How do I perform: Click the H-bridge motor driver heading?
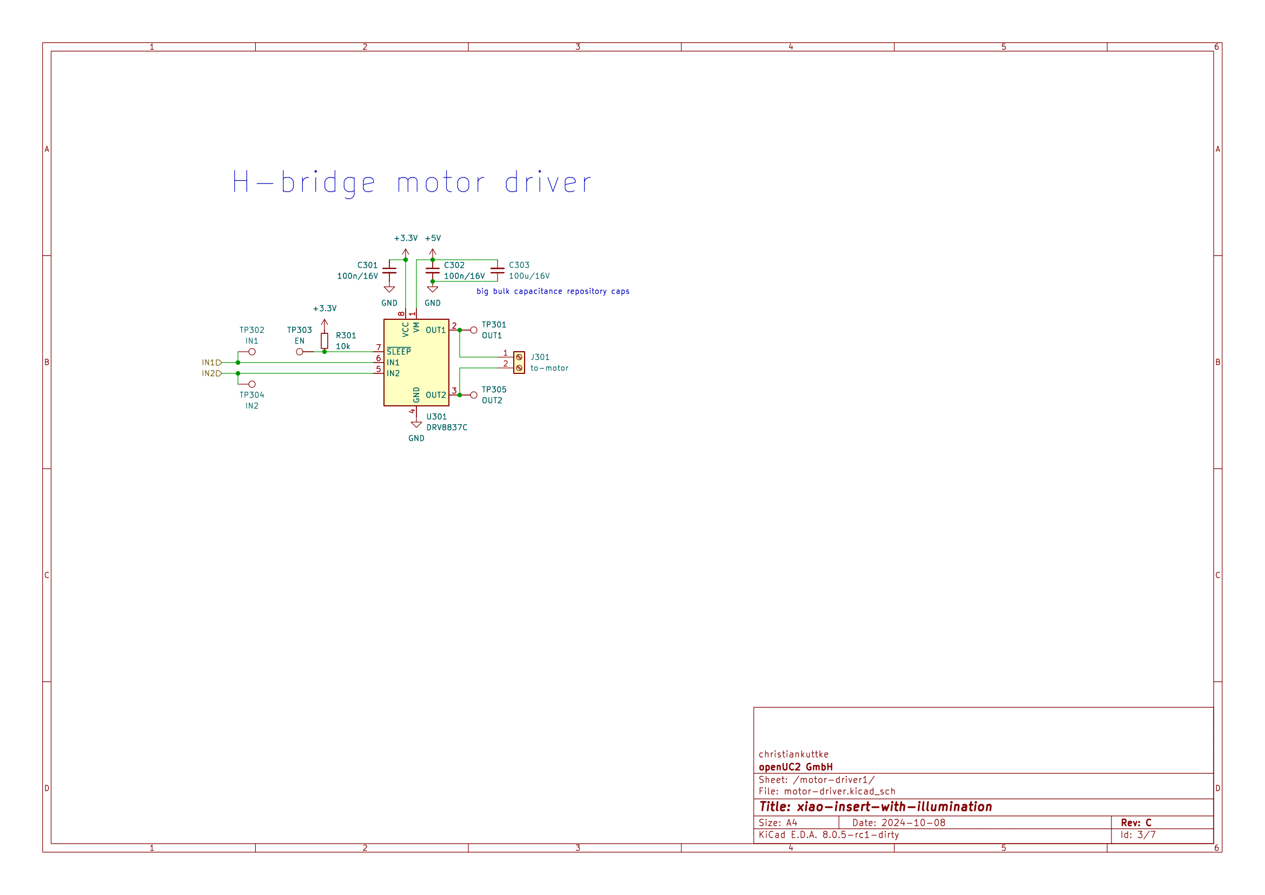(411, 182)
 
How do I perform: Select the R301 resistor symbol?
(324, 340)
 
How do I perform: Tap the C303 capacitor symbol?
(497, 270)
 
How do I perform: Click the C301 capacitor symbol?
(389, 270)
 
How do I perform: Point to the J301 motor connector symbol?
(519, 363)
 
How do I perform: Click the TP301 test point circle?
(473, 330)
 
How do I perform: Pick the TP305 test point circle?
(473, 395)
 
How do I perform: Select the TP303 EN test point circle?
(300, 352)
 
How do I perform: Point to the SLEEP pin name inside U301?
(399, 352)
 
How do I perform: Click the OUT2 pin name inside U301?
(435, 395)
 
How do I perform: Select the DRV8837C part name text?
(446, 427)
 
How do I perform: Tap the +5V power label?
(433, 238)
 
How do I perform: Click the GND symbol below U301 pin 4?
(416, 425)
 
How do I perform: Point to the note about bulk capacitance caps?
(553, 291)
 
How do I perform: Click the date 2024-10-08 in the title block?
(913, 823)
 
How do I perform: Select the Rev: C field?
(1136, 823)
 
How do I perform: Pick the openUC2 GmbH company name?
(795, 767)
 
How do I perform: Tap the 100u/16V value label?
(529, 276)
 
